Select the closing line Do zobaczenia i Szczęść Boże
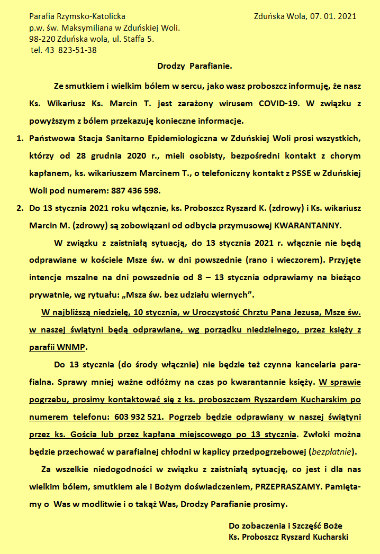(x=285, y=526)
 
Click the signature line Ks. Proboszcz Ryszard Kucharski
(x=288, y=537)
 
